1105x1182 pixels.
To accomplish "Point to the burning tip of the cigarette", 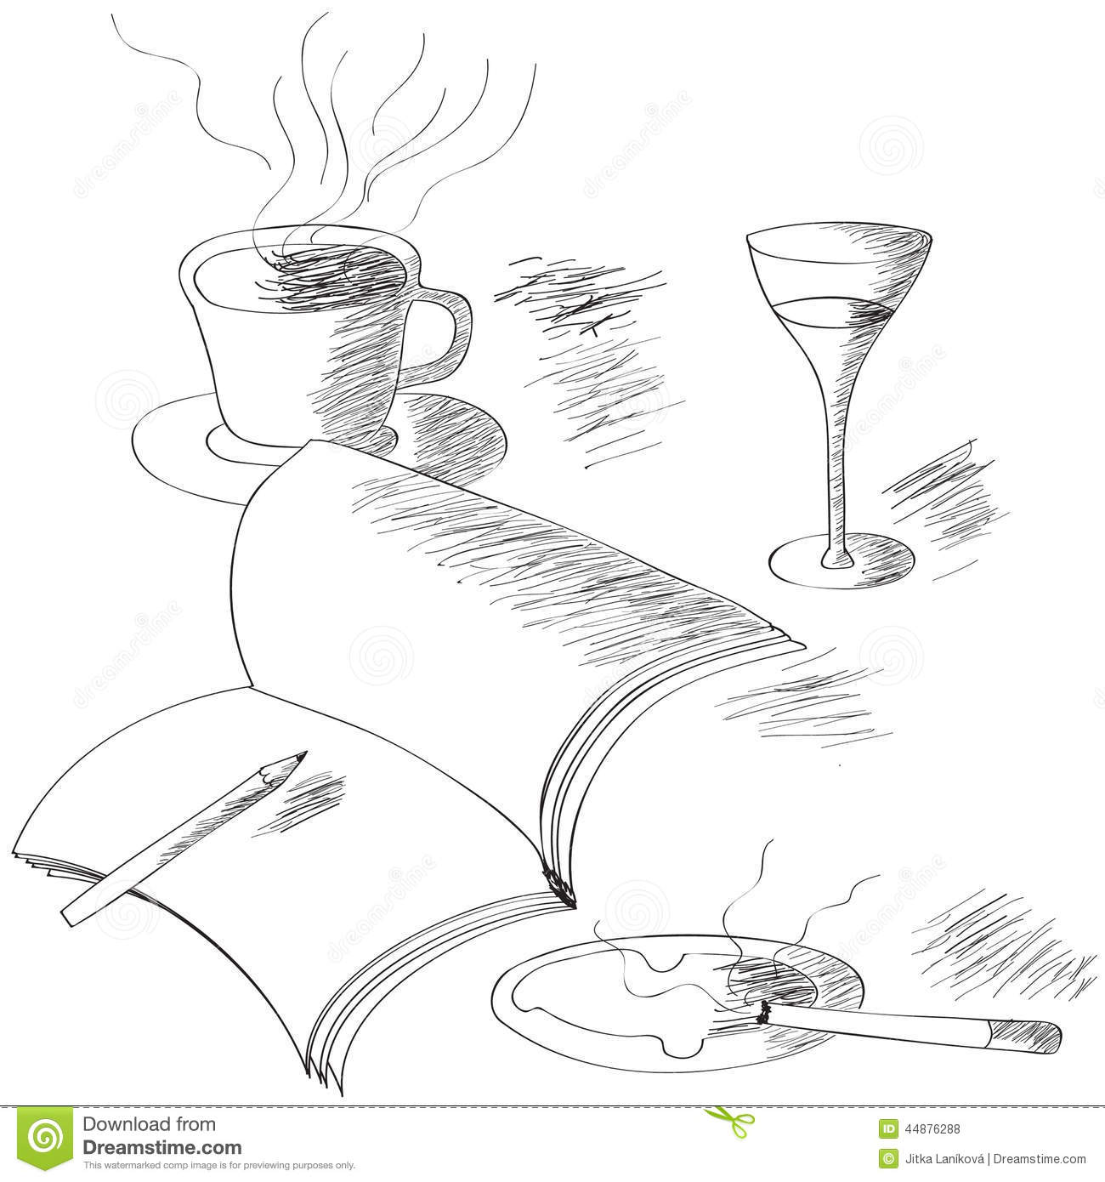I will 763,1012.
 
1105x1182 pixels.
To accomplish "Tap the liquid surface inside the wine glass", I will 837,304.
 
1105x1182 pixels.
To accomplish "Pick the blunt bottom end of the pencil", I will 68,917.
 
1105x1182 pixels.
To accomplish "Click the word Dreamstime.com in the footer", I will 161,1147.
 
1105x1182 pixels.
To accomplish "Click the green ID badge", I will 888,1129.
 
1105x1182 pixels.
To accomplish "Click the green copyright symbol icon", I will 888,1158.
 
